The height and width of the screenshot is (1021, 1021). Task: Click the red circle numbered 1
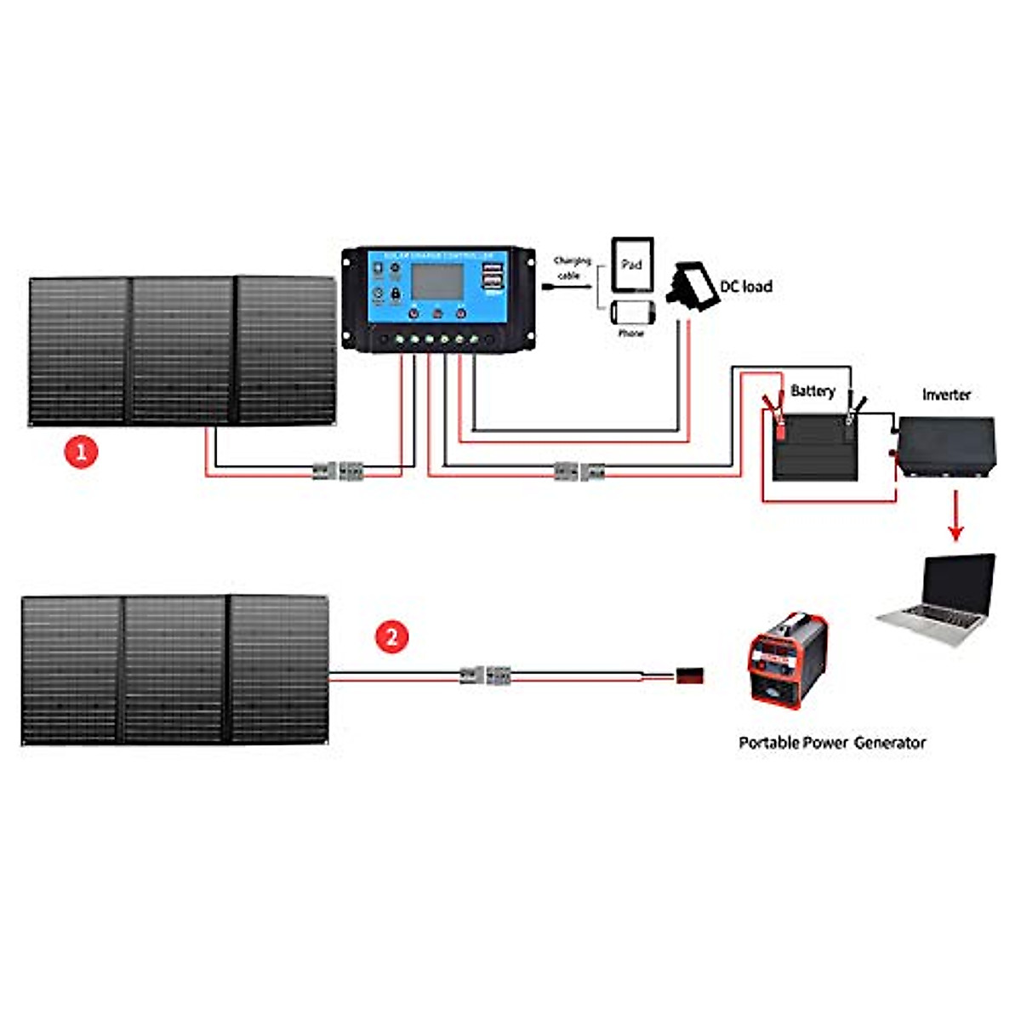[82, 451]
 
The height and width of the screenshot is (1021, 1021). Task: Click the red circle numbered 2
[391, 636]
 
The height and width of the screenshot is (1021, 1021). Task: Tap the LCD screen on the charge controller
[437, 281]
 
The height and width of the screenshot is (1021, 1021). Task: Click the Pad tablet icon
[632, 265]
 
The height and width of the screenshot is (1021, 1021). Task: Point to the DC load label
[746, 287]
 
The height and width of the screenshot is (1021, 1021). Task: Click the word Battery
[813, 391]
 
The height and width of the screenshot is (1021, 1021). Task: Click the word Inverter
[946, 395]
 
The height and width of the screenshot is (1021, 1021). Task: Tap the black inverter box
[947, 447]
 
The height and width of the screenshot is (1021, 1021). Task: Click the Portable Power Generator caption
[831, 743]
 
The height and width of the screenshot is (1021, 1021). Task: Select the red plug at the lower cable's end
[689, 677]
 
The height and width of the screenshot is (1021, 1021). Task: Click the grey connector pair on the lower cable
[485, 676]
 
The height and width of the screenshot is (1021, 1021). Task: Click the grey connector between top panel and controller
[338, 471]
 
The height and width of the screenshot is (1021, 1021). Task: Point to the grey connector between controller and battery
[579, 471]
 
